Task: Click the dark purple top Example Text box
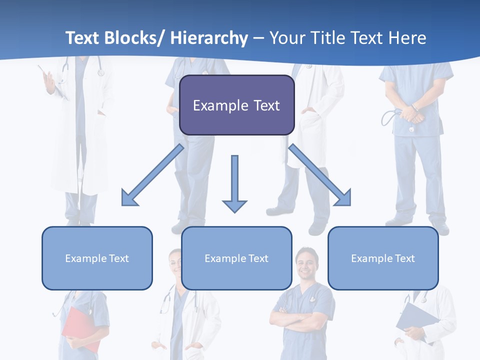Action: pyautogui.click(x=236, y=105)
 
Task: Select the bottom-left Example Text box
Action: pyautogui.click(x=97, y=258)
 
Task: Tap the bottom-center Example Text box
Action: pyautogui.click(x=236, y=258)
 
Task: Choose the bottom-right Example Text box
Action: pyautogui.click(x=383, y=258)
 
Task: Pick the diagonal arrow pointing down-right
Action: pyautogui.click(x=320, y=175)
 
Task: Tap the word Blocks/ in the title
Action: pyautogui.click(x=135, y=38)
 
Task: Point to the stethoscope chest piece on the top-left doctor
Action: pyautogui.click(x=101, y=72)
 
